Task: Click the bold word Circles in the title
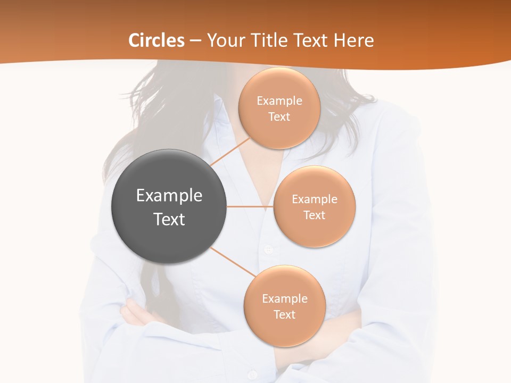click(156, 40)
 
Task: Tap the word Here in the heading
click(353, 40)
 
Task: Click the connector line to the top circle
click(230, 151)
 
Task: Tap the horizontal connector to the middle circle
click(250, 206)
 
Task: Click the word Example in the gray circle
click(169, 196)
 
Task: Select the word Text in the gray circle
click(169, 219)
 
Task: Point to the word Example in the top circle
click(279, 101)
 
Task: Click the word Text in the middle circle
click(314, 215)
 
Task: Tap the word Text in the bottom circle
click(284, 314)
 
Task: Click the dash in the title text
click(195, 41)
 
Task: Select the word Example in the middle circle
click(315, 199)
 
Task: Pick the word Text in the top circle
click(279, 117)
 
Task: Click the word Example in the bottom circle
click(285, 298)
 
